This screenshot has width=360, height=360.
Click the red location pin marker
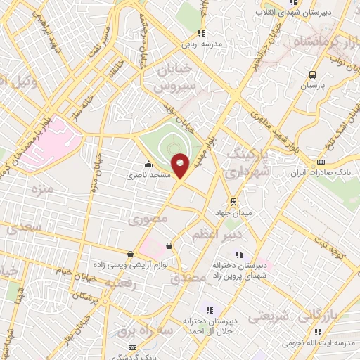pyautogui.click(x=180, y=165)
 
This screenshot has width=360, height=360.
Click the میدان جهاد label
pyautogui.click(x=233, y=212)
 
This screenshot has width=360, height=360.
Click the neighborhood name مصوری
pyautogui.click(x=148, y=219)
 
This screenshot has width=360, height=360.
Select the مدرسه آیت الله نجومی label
pyautogui.click(x=318, y=343)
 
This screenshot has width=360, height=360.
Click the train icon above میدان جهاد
pyautogui.click(x=233, y=201)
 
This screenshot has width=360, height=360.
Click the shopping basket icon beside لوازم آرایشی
pyautogui.click(x=169, y=245)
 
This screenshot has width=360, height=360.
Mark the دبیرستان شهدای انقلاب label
pyautogui.click(x=318, y=13)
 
